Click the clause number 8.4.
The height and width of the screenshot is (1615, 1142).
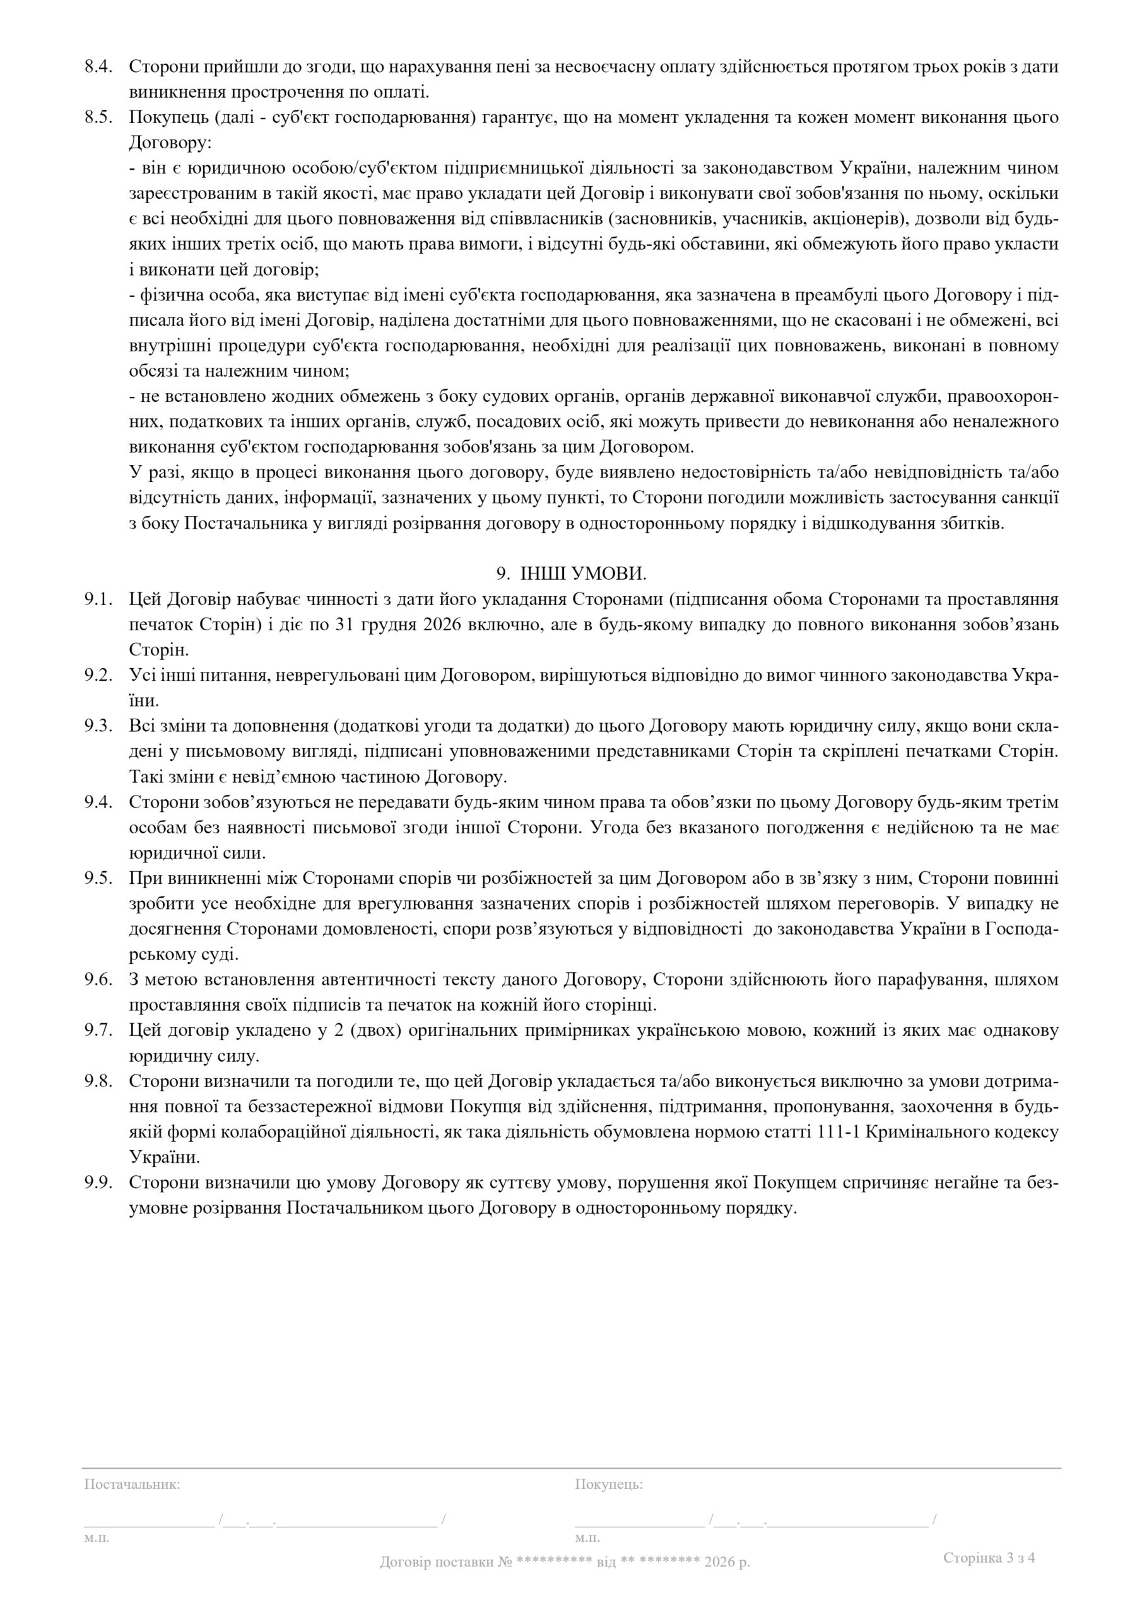[98, 68]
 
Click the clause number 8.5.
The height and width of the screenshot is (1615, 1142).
[98, 118]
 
